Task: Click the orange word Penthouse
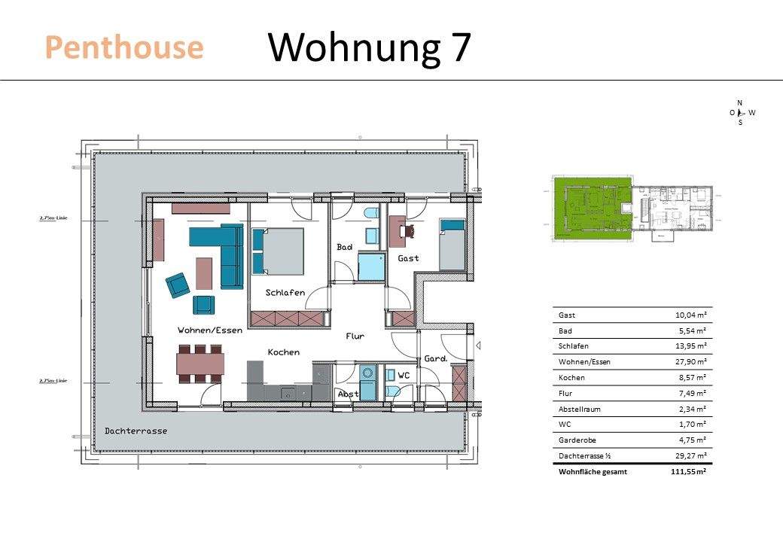(x=124, y=47)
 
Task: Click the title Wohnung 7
(x=369, y=47)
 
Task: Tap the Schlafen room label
(x=285, y=292)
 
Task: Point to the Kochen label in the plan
(x=284, y=352)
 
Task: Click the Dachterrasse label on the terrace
(x=136, y=431)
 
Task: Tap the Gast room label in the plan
(x=409, y=258)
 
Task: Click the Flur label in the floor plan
(x=355, y=336)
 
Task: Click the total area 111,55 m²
(x=690, y=472)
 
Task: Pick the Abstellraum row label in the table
(x=580, y=409)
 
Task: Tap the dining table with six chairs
(x=200, y=364)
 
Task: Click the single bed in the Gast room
(x=452, y=245)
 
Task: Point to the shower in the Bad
(x=370, y=267)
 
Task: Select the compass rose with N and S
(x=740, y=112)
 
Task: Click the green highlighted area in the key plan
(x=591, y=205)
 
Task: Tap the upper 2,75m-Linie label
(x=53, y=218)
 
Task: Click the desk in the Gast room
(x=397, y=233)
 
